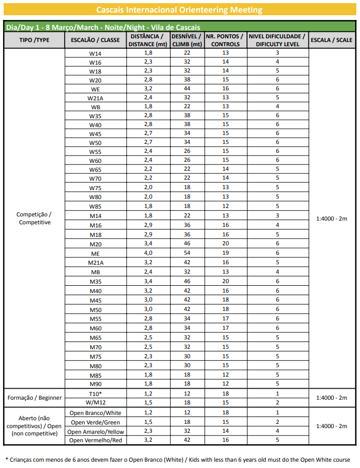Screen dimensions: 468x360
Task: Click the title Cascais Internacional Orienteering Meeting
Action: tap(180, 10)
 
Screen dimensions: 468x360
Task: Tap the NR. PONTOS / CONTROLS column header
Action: tap(225, 40)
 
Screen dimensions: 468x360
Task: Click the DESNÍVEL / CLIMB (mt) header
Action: tap(187, 40)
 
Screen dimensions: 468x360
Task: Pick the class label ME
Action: tap(95, 254)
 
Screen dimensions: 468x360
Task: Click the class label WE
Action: tap(95, 89)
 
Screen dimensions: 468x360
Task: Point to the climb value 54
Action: tap(187, 253)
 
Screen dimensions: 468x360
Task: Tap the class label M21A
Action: tap(95, 263)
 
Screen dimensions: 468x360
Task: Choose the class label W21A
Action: tap(95, 98)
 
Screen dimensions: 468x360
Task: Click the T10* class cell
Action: tap(95, 393)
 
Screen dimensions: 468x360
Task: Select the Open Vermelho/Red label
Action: tap(95, 440)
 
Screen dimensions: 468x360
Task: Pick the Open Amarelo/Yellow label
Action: tap(95, 431)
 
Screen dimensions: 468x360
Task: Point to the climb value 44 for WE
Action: tap(187, 89)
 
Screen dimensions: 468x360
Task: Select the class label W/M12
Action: tap(95, 402)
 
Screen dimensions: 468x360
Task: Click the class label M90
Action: tap(95, 384)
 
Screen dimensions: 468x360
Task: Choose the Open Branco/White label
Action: tap(95, 413)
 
